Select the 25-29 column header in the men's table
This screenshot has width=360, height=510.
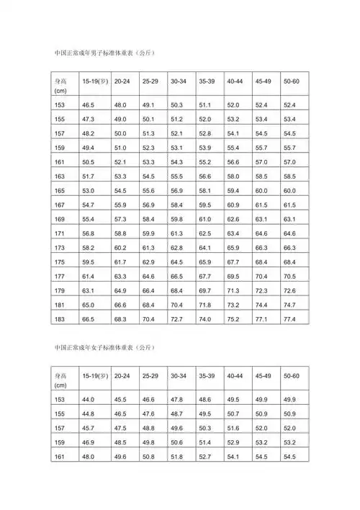point(150,81)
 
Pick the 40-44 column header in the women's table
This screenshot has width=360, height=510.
point(234,376)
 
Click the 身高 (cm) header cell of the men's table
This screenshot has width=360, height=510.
point(62,86)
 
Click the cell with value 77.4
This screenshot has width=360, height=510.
point(290,318)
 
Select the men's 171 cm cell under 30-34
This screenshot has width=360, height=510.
point(177,233)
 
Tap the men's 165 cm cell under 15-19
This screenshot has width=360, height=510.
point(89,190)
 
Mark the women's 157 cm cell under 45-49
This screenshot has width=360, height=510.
point(262,428)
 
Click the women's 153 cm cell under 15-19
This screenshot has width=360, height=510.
point(89,400)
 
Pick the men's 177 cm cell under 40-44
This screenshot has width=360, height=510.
point(233,276)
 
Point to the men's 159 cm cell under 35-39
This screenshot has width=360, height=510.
point(205,148)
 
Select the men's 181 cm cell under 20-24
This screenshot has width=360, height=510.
point(121,304)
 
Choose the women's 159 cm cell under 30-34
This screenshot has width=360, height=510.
point(177,442)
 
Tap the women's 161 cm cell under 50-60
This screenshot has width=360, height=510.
point(290,455)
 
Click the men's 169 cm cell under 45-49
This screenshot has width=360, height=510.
point(262,218)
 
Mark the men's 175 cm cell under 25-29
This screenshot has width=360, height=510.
point(149,261)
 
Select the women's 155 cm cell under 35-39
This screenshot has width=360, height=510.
point(205,413)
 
